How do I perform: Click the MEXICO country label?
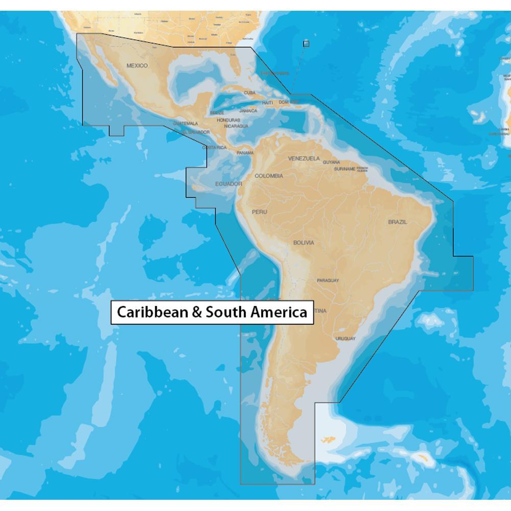(137, 65)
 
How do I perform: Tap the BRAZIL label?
(398, 222)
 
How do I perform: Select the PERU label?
(259, 212)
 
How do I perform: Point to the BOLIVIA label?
(304, 243)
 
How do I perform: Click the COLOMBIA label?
(269, 176)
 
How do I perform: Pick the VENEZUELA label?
(304, 158)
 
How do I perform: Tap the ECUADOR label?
(228, 183)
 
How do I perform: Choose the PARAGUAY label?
(328, 281)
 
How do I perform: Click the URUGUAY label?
(345, 338)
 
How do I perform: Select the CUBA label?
(249, 92)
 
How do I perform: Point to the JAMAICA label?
(248, 110)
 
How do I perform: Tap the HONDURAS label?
(228, 120)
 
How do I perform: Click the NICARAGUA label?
(236, 126)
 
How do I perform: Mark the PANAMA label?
(245, 152)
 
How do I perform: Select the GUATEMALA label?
(185, 123)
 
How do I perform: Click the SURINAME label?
(345, 169)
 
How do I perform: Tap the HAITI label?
(267, 103)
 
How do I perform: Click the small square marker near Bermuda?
(306, 43)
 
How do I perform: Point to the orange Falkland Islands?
(328, 438)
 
